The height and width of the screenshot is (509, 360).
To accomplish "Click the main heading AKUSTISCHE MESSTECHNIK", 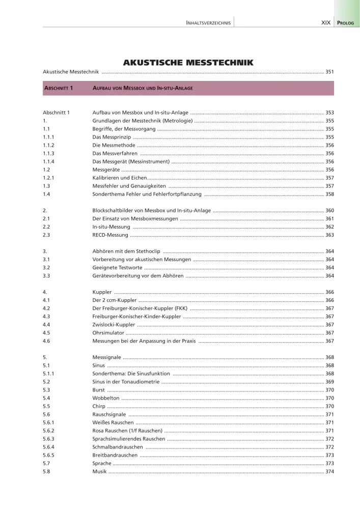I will (x=188, y=63).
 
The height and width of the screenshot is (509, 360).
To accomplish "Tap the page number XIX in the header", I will (x=326, y=23).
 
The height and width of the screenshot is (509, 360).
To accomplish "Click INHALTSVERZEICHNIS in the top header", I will (x=209, y=23).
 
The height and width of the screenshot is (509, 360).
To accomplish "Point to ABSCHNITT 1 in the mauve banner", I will (x=59, y=88).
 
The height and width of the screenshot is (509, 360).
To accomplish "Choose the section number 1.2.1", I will (x=49, y=178).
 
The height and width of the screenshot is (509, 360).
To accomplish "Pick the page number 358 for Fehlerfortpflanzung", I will (x=329, y=194).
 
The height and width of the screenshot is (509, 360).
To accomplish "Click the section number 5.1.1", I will (x=49, y=373).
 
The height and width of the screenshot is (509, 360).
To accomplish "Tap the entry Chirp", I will (x=99, y=406).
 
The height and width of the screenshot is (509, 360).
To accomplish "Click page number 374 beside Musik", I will (x=329, y=471).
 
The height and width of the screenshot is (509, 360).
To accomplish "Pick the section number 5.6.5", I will (x=49, y=455).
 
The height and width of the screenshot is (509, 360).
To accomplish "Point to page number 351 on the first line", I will (x=329, y=72).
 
